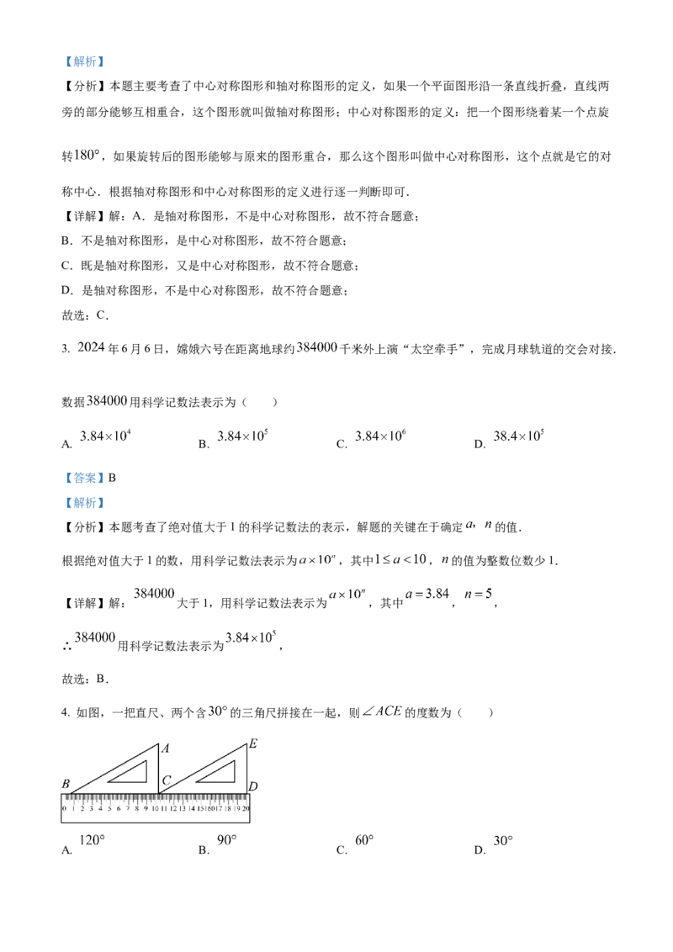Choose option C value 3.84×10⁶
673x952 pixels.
(x=381, y=436)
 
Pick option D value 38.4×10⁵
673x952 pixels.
(x=519, y=436)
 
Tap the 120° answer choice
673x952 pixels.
(x=93, y=840)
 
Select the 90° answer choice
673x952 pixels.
(x=226, y=840)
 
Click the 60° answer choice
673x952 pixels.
(x=364, y=840)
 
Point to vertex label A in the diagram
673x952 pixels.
(x=165, y=748)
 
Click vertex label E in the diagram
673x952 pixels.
(x=253, y=743)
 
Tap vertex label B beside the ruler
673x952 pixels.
(x=66, y=784)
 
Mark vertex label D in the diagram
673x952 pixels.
(x=253, y=786)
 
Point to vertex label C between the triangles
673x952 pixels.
(x=167, y=780)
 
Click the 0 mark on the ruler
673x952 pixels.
(x=65, y=809)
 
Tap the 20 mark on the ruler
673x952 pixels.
(x=246, y=809)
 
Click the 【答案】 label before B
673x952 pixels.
(x=84, y=479)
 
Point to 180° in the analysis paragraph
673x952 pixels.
(x=87, y=156)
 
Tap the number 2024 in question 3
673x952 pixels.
(x=92, y=348)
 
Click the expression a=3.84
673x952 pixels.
(x=427, y=594)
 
